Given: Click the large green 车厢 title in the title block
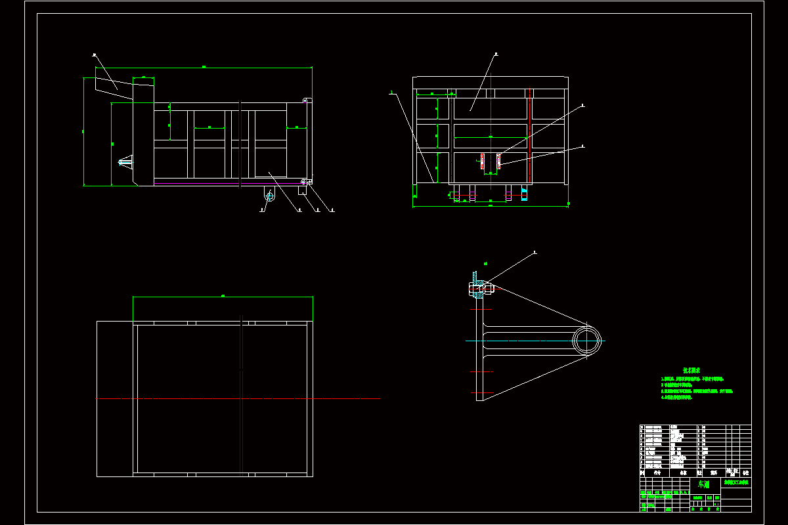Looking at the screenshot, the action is [x=703, y=484].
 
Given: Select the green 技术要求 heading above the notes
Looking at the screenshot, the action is [x=692, y=370].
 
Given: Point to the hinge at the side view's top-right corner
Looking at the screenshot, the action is [x=306, y=100].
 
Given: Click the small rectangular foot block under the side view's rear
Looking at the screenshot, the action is [x=303, y=190].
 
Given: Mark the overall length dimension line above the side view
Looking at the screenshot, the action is [x=204, y=66].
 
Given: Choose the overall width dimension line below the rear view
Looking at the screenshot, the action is [x=491, y=206].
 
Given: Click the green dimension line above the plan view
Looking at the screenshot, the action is [x=223, y=297].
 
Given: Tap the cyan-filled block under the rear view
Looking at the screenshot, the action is [x=524, y=194].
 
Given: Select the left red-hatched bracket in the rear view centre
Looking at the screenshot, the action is [x=483, y=162].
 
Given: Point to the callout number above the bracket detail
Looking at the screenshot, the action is [x=535, y=251].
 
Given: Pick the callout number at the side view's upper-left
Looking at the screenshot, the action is [x=95, y=55].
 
